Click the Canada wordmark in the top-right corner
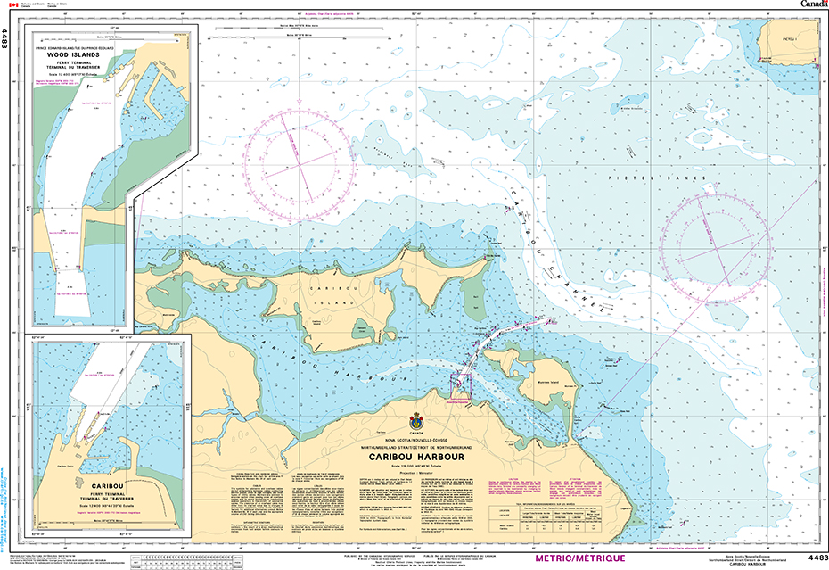(x=813, y=4)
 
